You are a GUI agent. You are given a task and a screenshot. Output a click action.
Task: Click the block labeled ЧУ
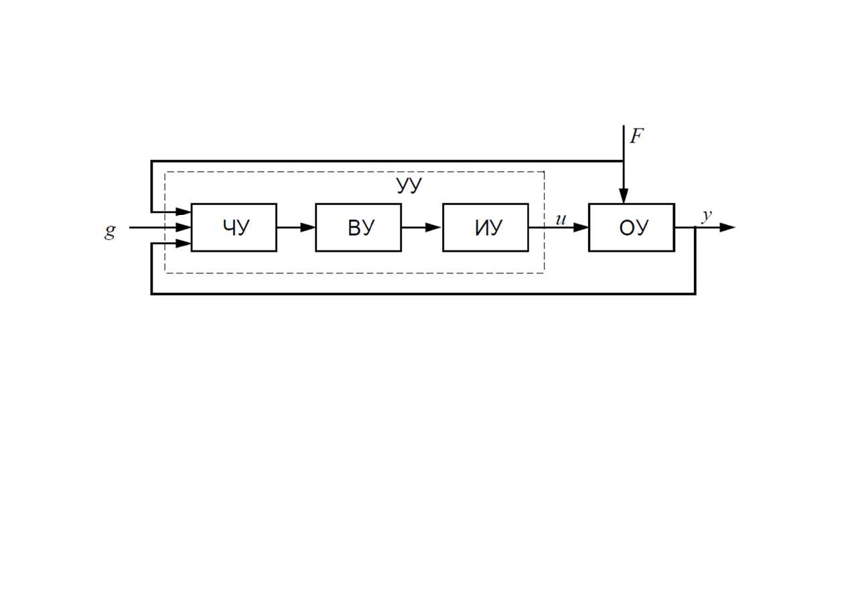coord(234,228)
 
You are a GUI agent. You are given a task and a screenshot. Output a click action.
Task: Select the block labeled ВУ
coord(358,228)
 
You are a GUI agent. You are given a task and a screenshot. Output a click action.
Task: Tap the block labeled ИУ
coord(486,228)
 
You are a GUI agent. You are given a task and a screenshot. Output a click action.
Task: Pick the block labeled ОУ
coord(632,228)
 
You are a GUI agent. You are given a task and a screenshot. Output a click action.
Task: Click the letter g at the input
coord(110,231)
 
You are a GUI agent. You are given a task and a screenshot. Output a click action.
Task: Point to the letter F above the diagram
coord(636,136)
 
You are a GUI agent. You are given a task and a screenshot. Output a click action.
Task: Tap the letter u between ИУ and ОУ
coord(561,220)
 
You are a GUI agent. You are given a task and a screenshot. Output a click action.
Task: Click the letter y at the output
coord(707,217)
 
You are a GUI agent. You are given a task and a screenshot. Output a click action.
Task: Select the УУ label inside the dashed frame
coord(409,185)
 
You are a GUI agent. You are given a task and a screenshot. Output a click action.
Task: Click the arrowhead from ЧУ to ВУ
coord(308,228)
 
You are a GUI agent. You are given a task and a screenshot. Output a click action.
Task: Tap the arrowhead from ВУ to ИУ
coord(433,228)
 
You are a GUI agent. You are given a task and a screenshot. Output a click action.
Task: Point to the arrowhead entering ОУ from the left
coord(581,228)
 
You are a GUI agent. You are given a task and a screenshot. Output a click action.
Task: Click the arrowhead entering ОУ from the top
coord(624,196)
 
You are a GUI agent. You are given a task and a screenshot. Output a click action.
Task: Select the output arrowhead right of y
coord(727,228)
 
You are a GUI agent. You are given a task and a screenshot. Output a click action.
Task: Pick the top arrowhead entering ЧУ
coord(183,212)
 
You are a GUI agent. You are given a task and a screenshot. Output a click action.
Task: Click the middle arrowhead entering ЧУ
coord(183,228)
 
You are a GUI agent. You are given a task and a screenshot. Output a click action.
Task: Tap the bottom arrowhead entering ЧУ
coord(183,244)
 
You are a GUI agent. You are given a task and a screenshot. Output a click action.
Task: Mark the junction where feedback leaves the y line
coord(695,228)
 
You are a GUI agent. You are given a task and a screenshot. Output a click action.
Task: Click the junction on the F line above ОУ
coord(624,161)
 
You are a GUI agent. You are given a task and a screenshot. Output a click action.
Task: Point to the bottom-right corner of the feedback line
coord(695,293)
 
